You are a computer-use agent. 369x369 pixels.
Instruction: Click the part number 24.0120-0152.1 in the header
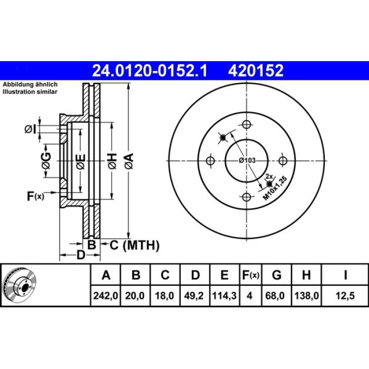[x=150, y=70]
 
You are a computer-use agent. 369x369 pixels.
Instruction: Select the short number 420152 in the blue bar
[x=256, y=70]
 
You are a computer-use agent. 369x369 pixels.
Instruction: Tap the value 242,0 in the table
[x=105, y=296]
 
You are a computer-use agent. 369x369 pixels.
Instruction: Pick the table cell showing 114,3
[x=224, y=296]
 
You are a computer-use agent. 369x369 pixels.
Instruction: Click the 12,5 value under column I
[x=345, y=296]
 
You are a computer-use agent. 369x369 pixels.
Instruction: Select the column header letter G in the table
[x=277, y=275]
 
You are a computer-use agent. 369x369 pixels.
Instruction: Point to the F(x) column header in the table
[x=251, y=275]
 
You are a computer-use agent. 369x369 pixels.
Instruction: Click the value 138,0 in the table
[x=306, y=296]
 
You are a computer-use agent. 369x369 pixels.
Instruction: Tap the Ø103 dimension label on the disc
[x=247, y=160]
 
